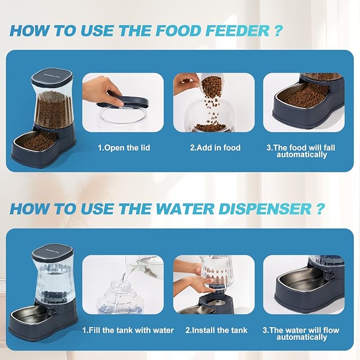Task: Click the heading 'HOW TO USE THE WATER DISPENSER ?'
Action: [166, 208]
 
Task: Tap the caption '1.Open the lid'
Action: [123, 147]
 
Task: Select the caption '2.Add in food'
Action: [215, 147]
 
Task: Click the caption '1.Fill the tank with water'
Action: [128, 330]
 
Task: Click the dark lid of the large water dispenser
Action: [52, 254]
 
